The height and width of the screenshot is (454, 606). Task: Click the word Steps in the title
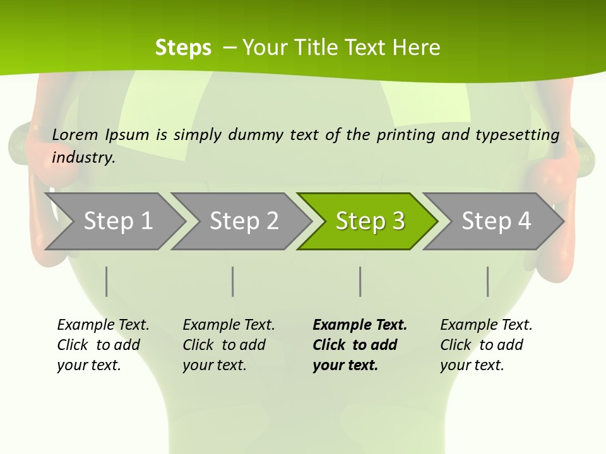click(183, 48)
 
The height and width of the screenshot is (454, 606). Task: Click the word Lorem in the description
click(75, 135)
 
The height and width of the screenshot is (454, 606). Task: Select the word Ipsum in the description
click(128, 135)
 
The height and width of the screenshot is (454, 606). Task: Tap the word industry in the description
click(83, 158)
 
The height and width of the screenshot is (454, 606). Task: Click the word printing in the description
click(404, 135)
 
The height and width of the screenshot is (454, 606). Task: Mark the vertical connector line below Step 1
click(107, 281)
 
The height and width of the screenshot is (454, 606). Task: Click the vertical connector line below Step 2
click(233, 281)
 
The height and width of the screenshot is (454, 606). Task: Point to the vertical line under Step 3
click(360, 281)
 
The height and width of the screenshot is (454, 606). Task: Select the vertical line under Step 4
click(488, 281)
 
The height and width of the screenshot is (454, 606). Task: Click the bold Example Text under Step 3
click(360, 345)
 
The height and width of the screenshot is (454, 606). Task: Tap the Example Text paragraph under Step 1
click(103, 345)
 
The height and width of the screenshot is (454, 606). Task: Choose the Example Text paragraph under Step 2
click(229, 345)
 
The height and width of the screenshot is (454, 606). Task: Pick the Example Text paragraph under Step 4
click(486, 345)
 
